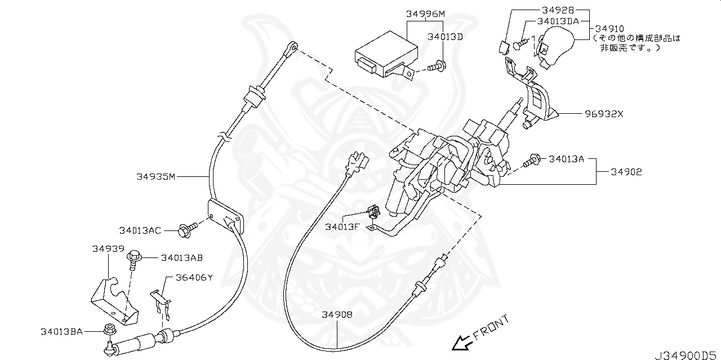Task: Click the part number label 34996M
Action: [426, 14]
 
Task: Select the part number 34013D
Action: [444, 37]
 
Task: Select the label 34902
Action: [626, 171]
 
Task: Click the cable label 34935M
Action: [156, 176]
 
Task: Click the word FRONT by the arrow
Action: [491, 328]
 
